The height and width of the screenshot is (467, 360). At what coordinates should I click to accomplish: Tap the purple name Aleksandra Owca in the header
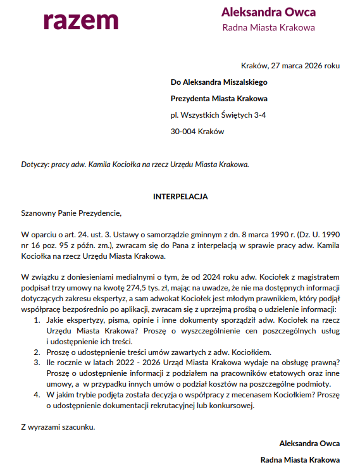[268, 12]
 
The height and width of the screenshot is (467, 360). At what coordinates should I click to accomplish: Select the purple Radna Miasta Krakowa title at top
[268, 28]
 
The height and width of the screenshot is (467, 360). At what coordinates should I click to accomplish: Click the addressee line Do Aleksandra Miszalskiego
[219, 82]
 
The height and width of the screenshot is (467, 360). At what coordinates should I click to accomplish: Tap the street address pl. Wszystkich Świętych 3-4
[218, 115]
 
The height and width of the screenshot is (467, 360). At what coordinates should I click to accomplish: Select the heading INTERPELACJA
[180, 197]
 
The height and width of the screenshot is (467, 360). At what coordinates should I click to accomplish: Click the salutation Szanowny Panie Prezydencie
[70, 213]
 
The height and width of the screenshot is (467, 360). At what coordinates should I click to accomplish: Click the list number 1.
[35, 320]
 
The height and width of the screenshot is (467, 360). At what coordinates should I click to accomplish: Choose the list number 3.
[35, 363]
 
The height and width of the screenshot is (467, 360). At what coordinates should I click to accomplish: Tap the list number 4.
[35, 395]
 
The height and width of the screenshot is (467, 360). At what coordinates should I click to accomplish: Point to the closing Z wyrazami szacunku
[58, 427]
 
